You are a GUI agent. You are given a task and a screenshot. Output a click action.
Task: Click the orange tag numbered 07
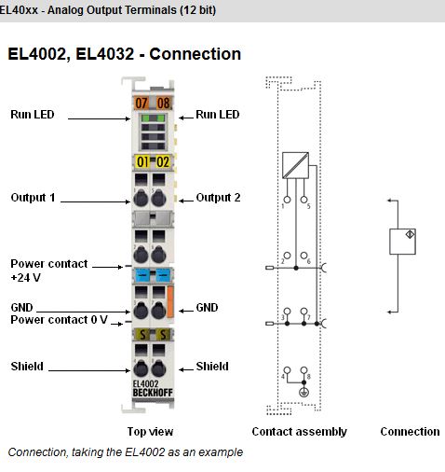[142, 103]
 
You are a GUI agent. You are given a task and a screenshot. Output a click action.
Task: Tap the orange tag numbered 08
[163, 103]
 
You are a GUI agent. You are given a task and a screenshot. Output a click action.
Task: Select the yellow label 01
[142, 162]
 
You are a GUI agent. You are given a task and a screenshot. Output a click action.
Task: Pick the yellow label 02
[163, 162]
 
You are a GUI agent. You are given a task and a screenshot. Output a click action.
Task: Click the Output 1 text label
[33, 198]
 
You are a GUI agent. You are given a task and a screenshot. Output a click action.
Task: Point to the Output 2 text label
[218, 198]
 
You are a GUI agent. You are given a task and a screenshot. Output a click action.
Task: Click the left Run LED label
[33, 115]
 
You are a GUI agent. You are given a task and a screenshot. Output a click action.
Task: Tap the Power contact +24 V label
[48, 271]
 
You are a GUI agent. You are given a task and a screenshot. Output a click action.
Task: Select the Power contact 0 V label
[59, 320]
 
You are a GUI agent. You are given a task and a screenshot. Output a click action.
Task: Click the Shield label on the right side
[212, 367]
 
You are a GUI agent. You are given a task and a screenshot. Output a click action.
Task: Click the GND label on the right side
[207, 308]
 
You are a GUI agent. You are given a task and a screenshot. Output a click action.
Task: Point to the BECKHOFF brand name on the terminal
[153, 393]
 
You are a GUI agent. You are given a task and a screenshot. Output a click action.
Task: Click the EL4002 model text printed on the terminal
[145, 384]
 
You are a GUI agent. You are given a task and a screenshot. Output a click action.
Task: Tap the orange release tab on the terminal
[170, 302]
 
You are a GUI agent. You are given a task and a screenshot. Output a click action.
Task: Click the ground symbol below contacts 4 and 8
[303, 393]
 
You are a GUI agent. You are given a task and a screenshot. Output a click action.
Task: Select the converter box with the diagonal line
[295, 165]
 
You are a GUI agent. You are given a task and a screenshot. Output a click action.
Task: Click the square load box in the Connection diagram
[402, 242]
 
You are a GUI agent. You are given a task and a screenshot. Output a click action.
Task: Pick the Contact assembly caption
[300, 432]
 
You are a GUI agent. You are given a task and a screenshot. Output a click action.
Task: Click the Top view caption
[150, 432]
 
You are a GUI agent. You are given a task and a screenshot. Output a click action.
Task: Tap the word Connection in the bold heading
[196, 54]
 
